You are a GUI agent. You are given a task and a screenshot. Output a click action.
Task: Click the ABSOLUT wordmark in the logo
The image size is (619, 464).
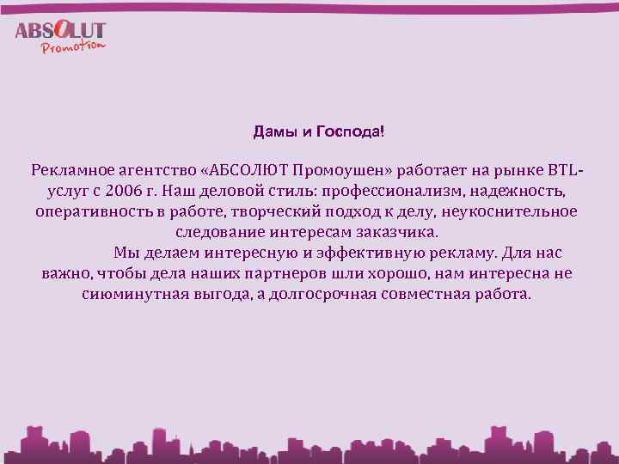60,30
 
